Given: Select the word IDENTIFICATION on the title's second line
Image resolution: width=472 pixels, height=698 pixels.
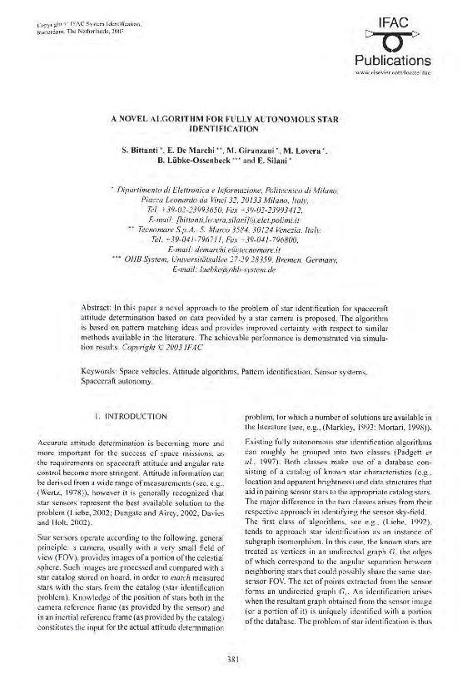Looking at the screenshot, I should tap(236, 131).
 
